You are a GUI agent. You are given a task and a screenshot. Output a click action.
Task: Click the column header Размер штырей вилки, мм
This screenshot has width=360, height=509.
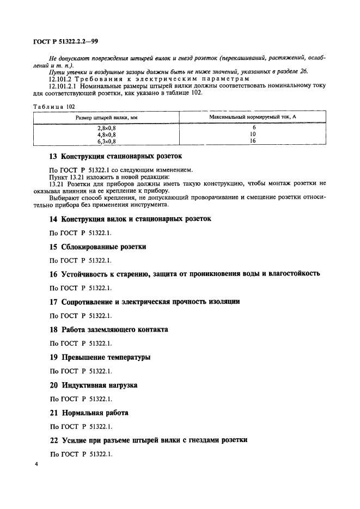[x=107, y=118]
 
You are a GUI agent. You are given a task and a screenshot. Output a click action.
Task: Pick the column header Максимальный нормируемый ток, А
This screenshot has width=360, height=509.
[x=252, y=117]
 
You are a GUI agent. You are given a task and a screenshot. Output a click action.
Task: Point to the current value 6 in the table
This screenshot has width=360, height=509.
[x=252, y=127]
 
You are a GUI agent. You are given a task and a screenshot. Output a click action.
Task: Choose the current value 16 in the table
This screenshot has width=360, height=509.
[x=252, y=140]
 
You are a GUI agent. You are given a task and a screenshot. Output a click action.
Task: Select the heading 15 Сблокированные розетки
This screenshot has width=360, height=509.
[x=98, y=247]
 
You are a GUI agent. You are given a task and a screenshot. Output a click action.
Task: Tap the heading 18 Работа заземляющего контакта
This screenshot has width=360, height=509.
[x=108, y=329]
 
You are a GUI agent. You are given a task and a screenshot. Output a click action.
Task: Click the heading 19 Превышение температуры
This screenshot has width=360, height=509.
[x=100, y=357]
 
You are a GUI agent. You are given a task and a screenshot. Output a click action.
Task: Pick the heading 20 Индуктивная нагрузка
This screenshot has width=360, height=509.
[x=93, y=385]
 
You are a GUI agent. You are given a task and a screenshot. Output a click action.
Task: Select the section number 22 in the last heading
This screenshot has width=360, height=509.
[x=53, y=440]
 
